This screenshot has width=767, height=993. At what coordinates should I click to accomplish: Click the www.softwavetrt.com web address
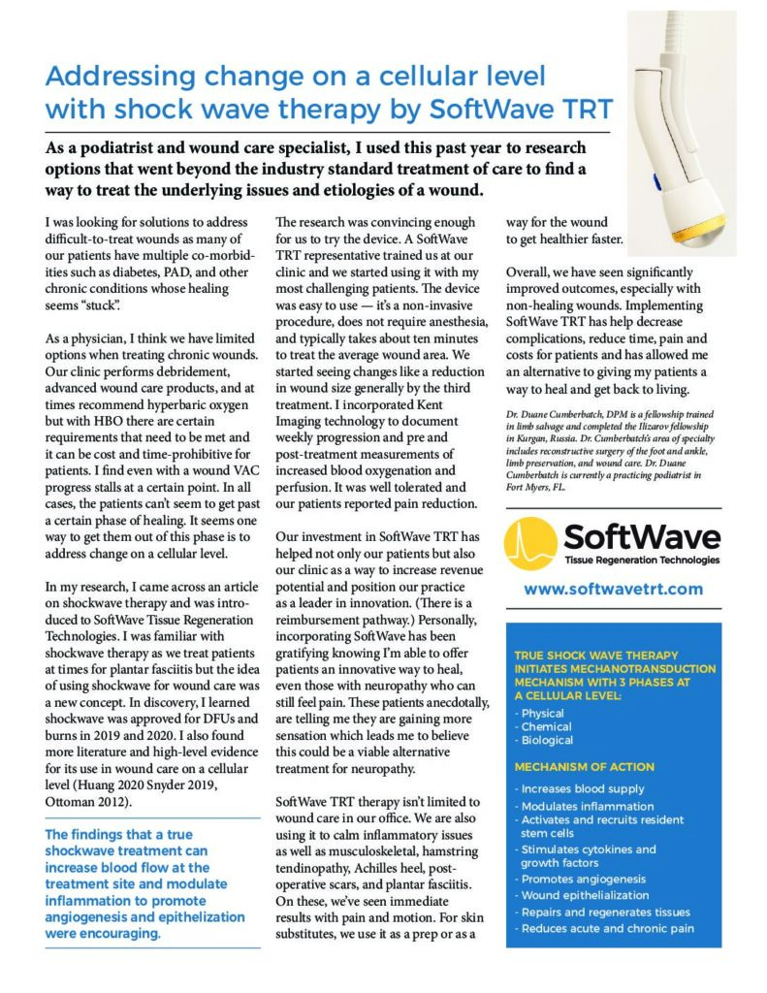[x=613, y=589]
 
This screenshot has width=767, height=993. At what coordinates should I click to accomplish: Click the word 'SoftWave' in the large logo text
[x=641, y=535]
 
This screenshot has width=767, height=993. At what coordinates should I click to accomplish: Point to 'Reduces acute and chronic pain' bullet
[x=607, y=928]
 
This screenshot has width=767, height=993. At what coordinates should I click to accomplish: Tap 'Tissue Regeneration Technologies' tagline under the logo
[x=641, y=560]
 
